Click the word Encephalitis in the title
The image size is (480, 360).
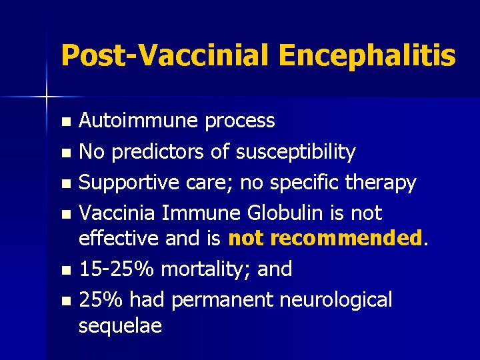(367, 56)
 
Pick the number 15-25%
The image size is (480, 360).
(117, 269)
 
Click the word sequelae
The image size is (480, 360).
(120, 326)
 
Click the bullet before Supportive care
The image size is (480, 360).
(65, 183)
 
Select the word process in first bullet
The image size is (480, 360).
(239, 121)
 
